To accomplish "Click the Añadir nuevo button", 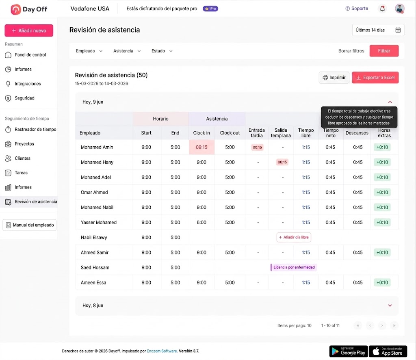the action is [29, 30].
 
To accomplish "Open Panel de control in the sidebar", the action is [26, 54].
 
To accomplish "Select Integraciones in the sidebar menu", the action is [23, 84].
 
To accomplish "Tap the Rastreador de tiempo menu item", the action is [31, 130].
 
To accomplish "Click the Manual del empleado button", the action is [29, 225].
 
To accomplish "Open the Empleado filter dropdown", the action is [89, 51].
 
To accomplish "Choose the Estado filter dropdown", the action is [162, 51].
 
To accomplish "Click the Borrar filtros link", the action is [351, 51].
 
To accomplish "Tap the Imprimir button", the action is [334, 78].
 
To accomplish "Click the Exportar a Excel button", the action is [375, 78].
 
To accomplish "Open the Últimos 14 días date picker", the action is [378, 30].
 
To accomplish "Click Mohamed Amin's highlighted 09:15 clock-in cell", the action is [201, 147].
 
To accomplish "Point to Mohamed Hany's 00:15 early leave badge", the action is [282, 162].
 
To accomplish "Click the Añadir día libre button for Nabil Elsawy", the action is [294, 237].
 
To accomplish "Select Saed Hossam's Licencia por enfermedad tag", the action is [294, 267].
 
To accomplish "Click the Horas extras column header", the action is [384, 132].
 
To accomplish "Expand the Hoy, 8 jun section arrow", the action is [390, 306].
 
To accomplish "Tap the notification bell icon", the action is [382, 9].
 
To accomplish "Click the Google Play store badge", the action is [349, 351].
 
